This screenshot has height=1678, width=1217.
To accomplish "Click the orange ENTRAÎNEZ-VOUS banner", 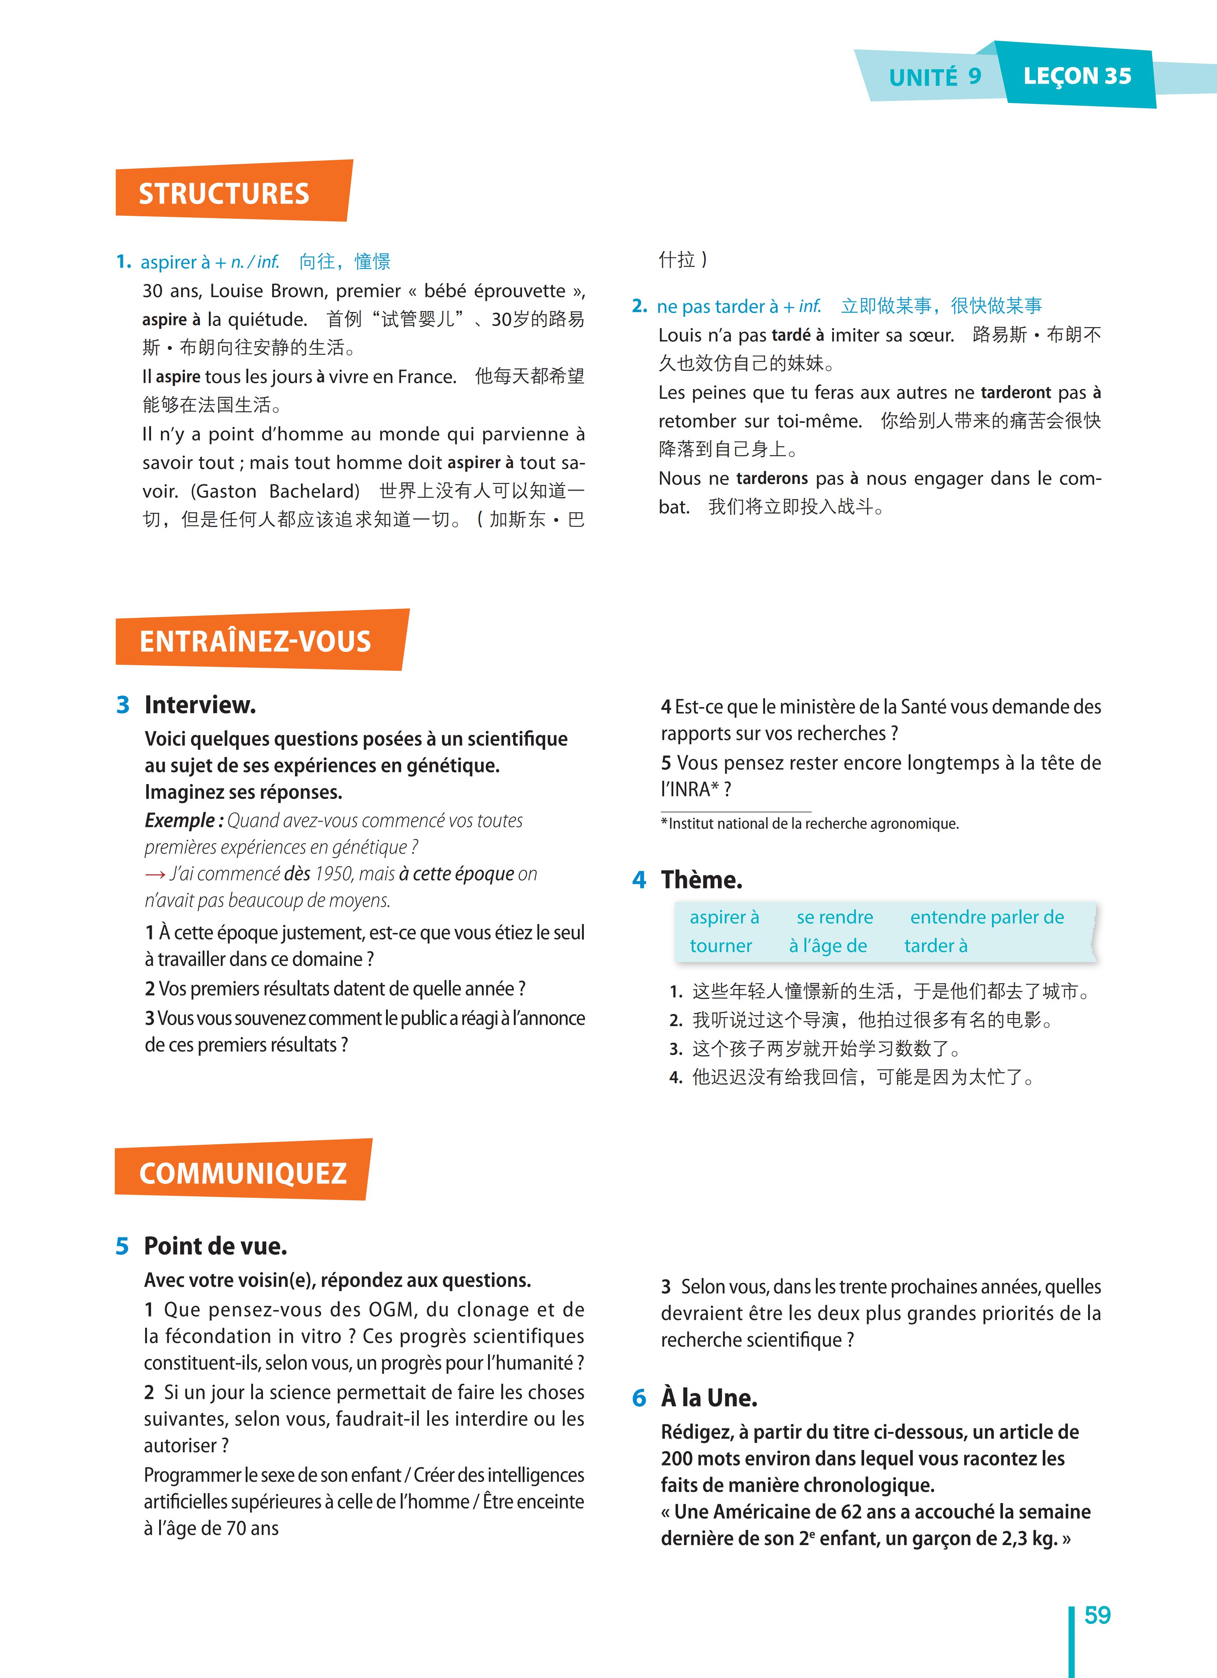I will (255, 641).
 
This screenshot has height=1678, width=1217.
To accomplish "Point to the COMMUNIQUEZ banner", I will (243, 1173).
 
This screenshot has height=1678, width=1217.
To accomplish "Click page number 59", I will (1097, 1615).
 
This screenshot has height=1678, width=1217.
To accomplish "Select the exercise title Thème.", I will (701, 880).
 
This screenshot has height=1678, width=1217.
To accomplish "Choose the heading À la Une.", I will (709, 1398).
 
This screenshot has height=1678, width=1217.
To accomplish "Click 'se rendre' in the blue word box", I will (835, 917).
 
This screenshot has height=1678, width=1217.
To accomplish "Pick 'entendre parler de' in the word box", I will (987, 917).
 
